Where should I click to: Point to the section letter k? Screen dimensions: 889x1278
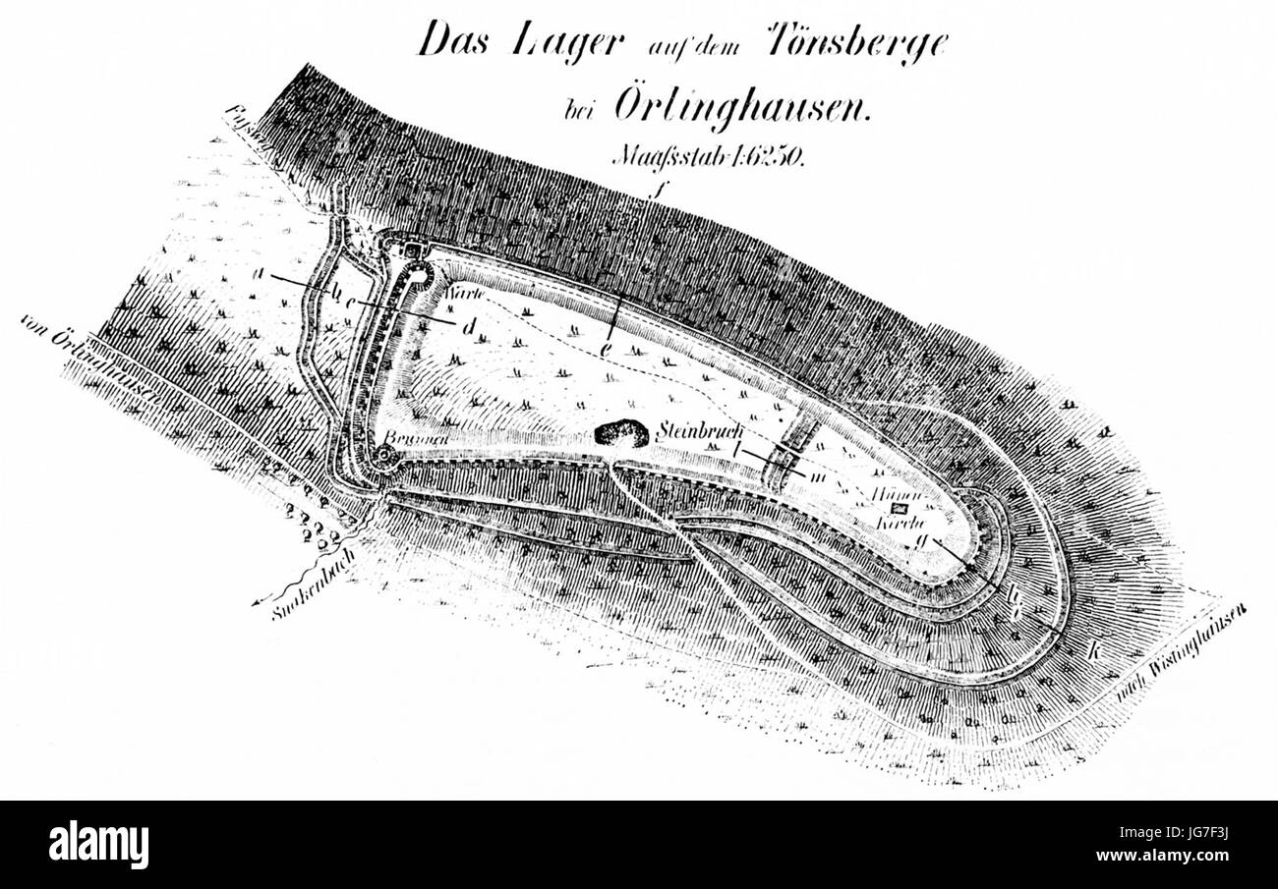point(1092,649)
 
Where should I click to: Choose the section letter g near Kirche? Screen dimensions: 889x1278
point(920,539)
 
